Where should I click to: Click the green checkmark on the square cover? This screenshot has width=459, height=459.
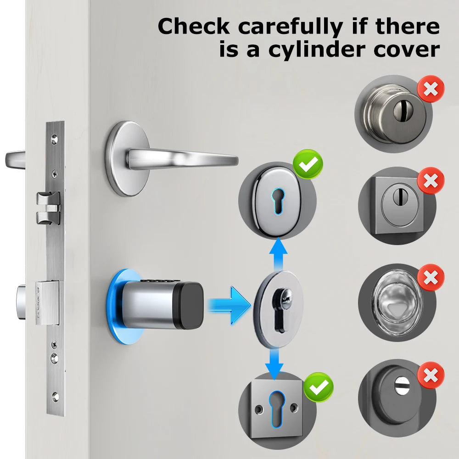tap(319, 388)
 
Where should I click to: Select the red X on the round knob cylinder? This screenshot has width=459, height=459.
tap(431, 90)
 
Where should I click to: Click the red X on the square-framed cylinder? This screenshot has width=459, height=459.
tap(431, 180)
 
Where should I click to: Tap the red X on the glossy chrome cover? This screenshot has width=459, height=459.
tap(431, 277)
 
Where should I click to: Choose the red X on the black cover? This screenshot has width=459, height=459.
tap(431, 375)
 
